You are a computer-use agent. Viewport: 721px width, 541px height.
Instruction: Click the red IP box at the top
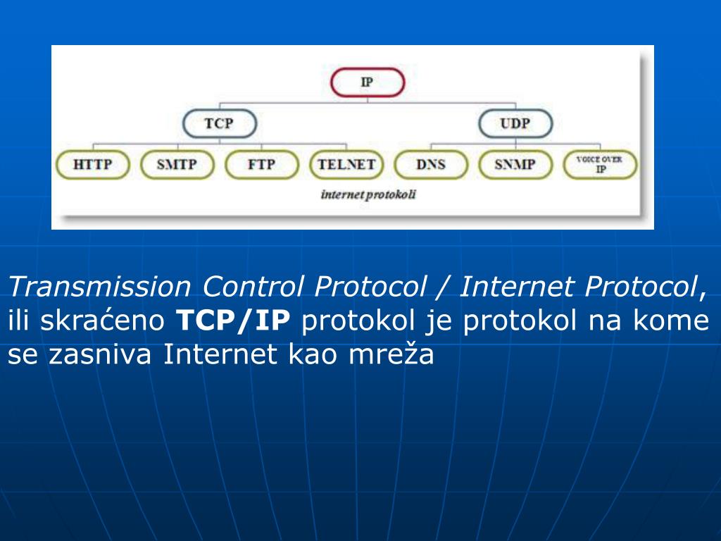pos(368,82)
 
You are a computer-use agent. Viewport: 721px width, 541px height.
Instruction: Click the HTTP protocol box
pos(92,166)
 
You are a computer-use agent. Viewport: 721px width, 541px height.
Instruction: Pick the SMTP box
pos(177,166)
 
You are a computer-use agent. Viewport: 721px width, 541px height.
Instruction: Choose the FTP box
pos(261,166)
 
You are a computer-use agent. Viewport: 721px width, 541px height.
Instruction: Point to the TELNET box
pos(346,166)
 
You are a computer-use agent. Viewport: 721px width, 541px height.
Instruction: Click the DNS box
pos(431,166)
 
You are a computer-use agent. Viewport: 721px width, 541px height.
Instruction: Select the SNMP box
pos(515,166)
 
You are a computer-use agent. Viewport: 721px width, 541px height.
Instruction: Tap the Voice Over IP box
pos(600,166)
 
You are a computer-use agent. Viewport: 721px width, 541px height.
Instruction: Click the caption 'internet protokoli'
pos(368,194)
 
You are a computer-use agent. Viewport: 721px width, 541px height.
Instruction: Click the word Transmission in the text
pos(99,287)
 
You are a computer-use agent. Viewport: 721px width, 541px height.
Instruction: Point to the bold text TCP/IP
pos(232,321)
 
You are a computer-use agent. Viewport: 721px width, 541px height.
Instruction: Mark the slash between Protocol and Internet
pos(444,287)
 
